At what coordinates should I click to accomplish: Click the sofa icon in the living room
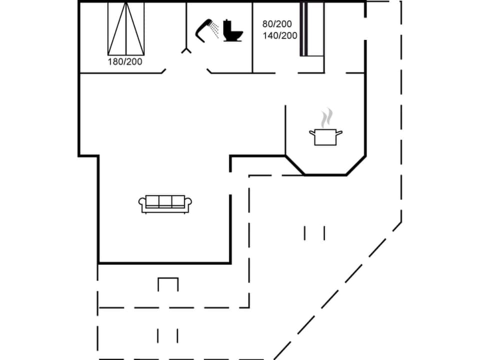[x=165, y=203]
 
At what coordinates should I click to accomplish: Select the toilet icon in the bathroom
[x=232, y=31]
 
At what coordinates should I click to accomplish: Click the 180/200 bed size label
[x=125, y=61]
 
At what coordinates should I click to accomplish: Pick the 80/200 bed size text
[x=277, y=23]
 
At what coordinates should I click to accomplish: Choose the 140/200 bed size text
[x=280, y=35]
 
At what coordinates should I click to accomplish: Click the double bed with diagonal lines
[x=126, y=28]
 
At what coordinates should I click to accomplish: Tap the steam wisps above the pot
[x=326, y=118]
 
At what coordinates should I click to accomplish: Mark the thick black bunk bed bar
[x=302, y=28]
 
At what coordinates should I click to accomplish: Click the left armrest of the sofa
[x=142, y=203]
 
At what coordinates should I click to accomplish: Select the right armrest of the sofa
[x=188, y=203]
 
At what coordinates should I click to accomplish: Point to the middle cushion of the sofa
[x=165, y=201]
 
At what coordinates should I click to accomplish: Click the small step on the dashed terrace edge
[x=168, y=284]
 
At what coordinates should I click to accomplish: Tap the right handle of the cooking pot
[x=340, y=132]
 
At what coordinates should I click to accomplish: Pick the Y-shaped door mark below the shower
[x=186, y=50]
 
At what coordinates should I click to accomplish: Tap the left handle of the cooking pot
[x=311, y=132]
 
